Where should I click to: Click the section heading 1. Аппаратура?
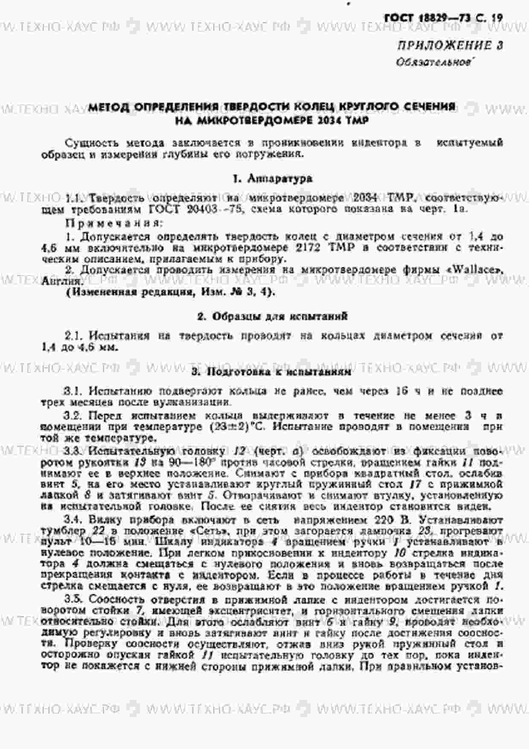tap(273, 179)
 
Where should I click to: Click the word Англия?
tap(61, 281)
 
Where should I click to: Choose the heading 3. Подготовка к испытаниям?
tap(271, 372)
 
